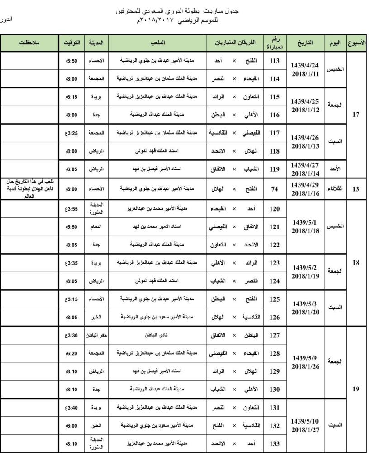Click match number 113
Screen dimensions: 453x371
(275, 61)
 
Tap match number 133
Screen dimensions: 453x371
(275, 443)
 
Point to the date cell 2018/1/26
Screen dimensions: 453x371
(305, 362)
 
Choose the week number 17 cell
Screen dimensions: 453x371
(356, 115)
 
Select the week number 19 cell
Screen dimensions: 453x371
(356, 389)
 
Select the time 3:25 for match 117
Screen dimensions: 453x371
(72, 133)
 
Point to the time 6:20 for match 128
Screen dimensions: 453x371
(72, 352)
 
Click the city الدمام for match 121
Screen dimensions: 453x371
(96, 226)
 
